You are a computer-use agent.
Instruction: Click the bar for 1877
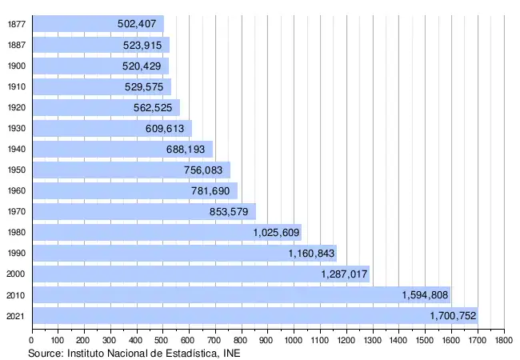pyautogui.click(x=96, y=23)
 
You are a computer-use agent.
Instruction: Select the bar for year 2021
pyautogui.click(x=254, y=315)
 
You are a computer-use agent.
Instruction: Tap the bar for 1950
pyautogui.click(x=130, y=170)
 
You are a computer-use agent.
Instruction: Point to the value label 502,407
pyautogui.click(x=138, y=24)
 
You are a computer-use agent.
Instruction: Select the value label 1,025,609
pyautogui.click(x=276, y=232)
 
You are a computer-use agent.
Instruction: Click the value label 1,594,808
pyautogui.click(x=425, y=294)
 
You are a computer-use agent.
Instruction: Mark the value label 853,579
pyautogui.click(x=232, y=211)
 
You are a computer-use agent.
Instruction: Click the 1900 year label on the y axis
pyautogui.click(x=16, y=66)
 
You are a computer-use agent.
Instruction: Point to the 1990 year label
pyautogui.click(x=16, y=253)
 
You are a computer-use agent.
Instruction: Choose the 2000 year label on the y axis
pyautogui.click(x=16, y=274)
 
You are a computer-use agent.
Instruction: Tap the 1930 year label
pyautogui.click(x=16, y=128)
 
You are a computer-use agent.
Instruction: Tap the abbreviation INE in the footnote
pyautogui.click(x=231, y=352)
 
